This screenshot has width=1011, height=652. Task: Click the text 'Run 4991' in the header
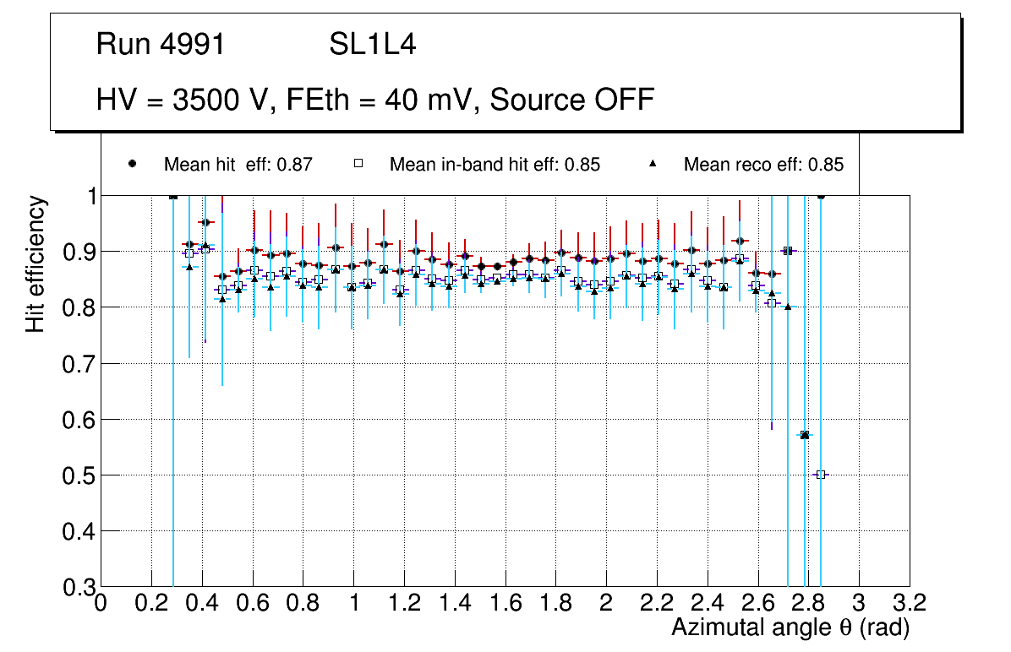click(x=161, y=45)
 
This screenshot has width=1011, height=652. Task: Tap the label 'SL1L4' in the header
click(x=372, y=45)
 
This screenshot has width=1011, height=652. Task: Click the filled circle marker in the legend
click(x=132, y=164)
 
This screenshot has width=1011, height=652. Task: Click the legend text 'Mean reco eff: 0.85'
click(x=763, y=165)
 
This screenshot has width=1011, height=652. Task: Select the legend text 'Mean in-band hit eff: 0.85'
click(x=495, y=165)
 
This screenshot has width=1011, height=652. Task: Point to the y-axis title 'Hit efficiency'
click(x=36, y=264)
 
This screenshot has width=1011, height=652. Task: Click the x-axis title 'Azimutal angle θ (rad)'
click(x=790, y=628)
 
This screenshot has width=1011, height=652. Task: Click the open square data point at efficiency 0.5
click(x=820, y=475)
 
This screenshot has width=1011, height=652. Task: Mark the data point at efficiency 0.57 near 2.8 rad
click(x=805, y=435)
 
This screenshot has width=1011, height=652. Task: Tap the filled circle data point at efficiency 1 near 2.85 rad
click(x=820, y=195)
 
